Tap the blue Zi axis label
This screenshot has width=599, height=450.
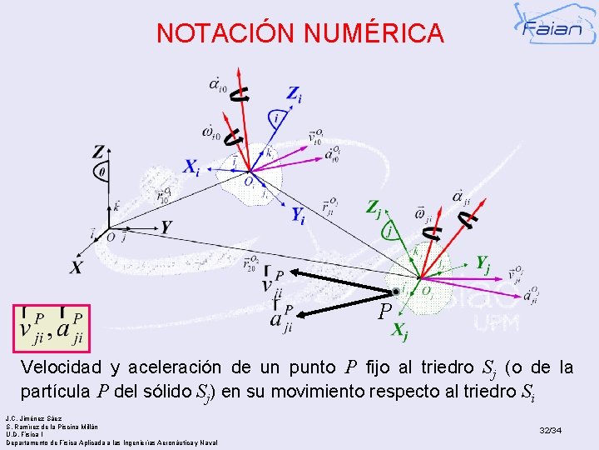(x=295, y=93)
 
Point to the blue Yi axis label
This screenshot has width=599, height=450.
(x=296, y=215)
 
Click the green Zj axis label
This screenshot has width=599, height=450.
(x=376, y=207)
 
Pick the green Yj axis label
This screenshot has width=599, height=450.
(x=482, y=263)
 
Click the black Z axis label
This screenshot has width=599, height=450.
(x=99, y=152)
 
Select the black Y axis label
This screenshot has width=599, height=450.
(x=166, y=227)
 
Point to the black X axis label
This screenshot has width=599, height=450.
(x=77, y=267)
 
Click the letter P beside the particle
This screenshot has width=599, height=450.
(x=384, y=312)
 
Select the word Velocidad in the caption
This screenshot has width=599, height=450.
(x=62, y=367)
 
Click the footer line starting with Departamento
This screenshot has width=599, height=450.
(x=111, y=442)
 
